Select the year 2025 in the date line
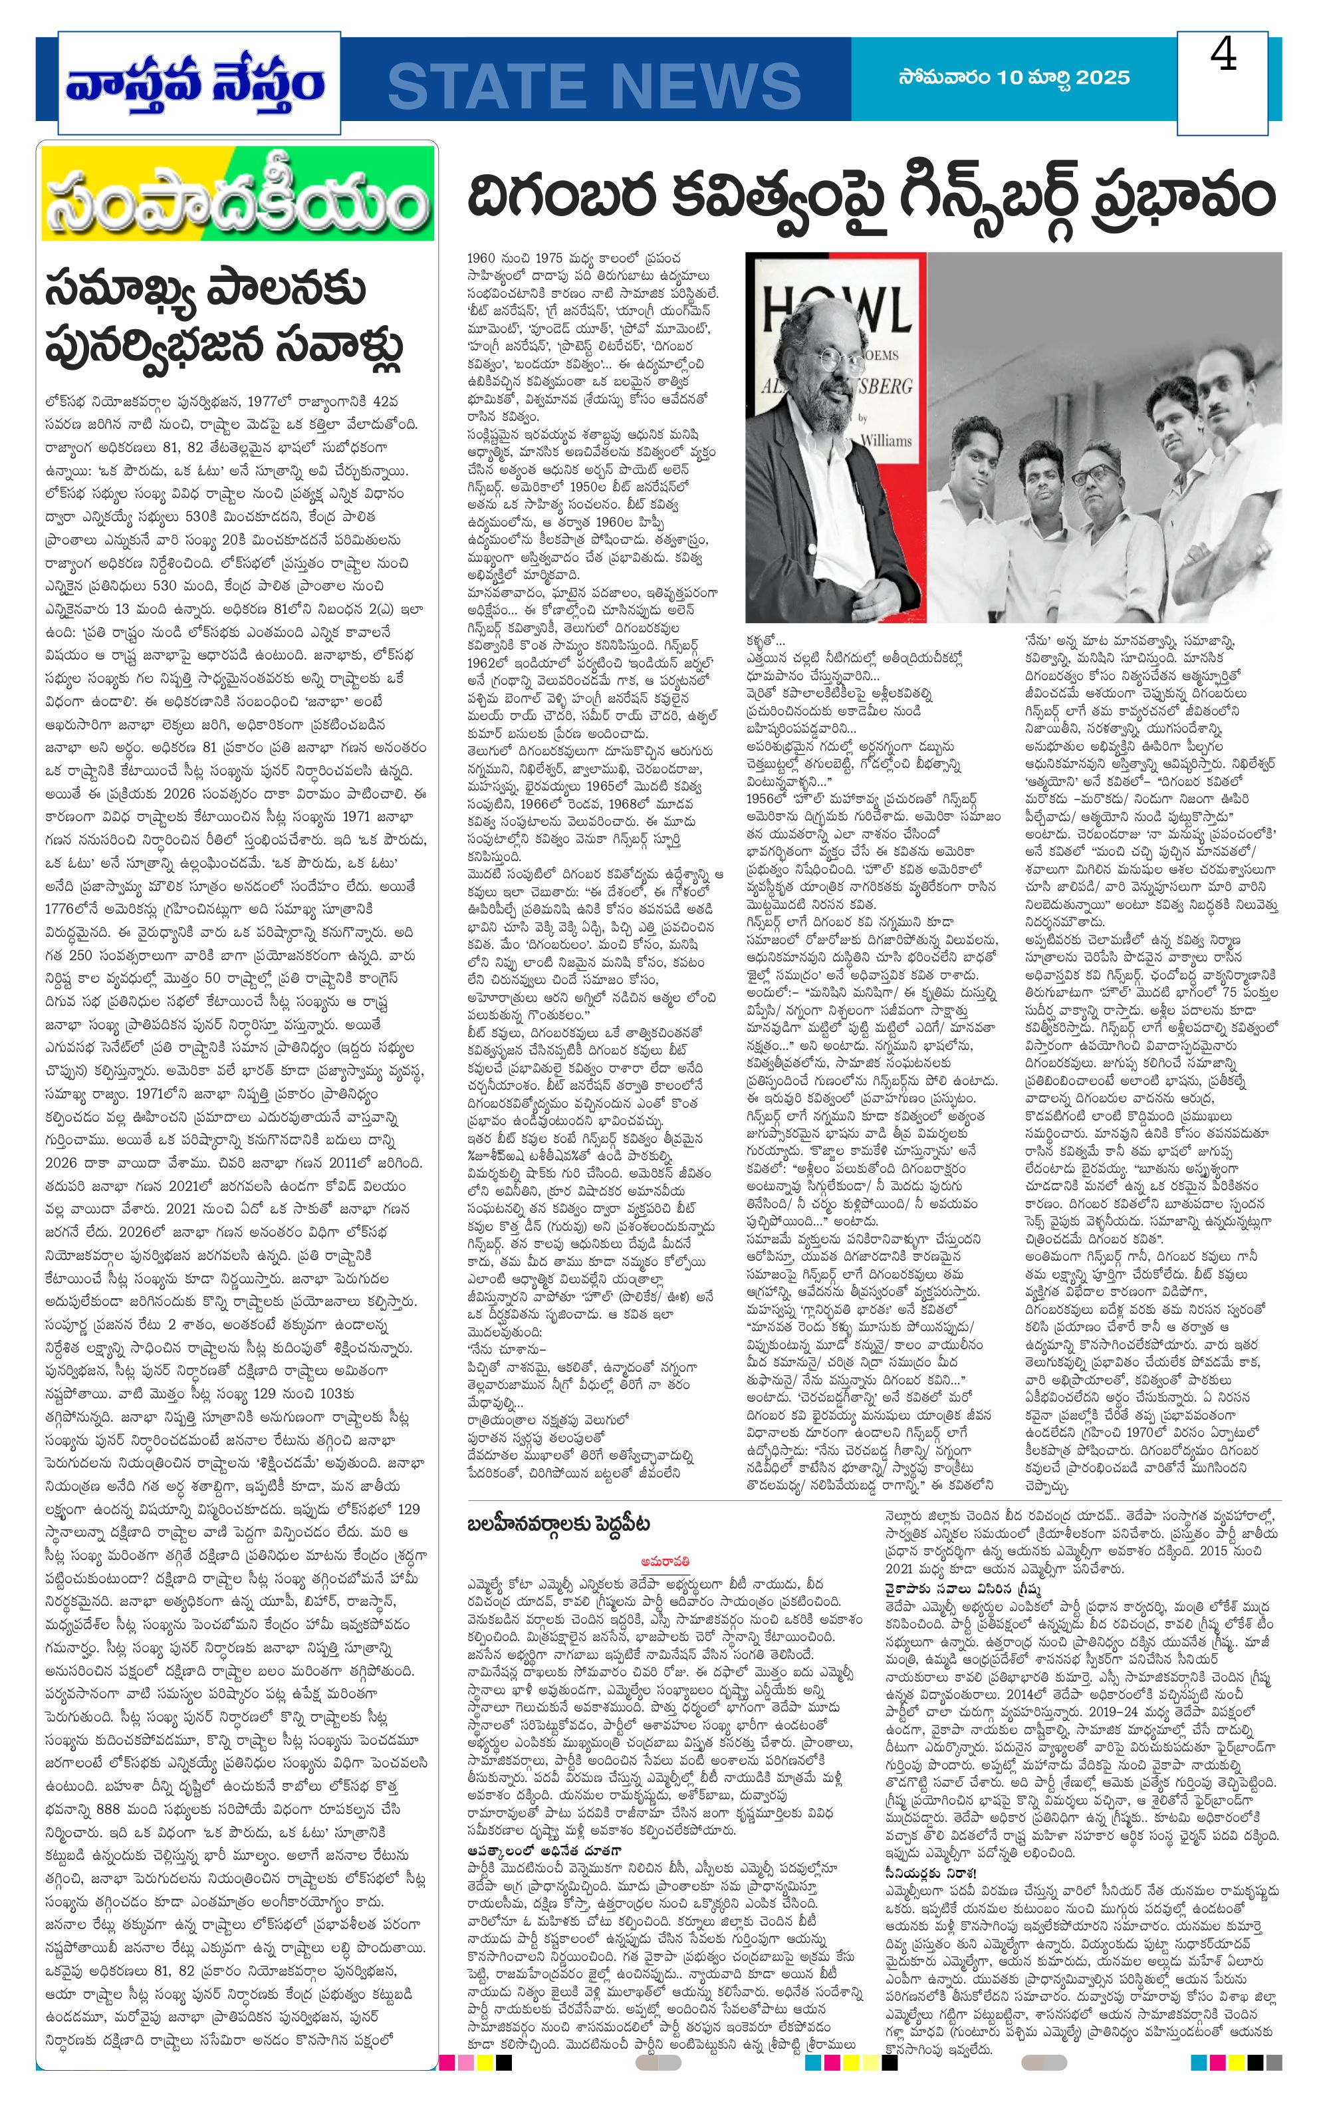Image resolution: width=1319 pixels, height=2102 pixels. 1103,78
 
